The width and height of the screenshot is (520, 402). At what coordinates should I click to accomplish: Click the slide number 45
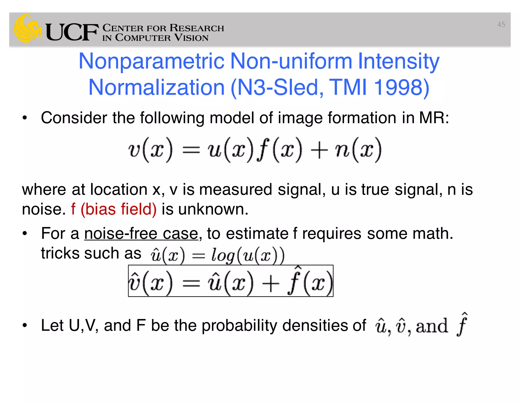tap(501, 24)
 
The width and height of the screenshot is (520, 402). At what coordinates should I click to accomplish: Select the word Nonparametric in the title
tap(152, 61)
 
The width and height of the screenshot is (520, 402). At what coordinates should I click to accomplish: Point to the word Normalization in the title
tap(156, 87)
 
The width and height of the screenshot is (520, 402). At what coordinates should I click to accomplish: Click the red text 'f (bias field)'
tap(113, 209)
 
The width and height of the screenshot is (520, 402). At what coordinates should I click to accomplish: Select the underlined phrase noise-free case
tap(141, 234)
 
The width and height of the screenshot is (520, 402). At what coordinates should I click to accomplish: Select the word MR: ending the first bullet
tap(434, 118)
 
